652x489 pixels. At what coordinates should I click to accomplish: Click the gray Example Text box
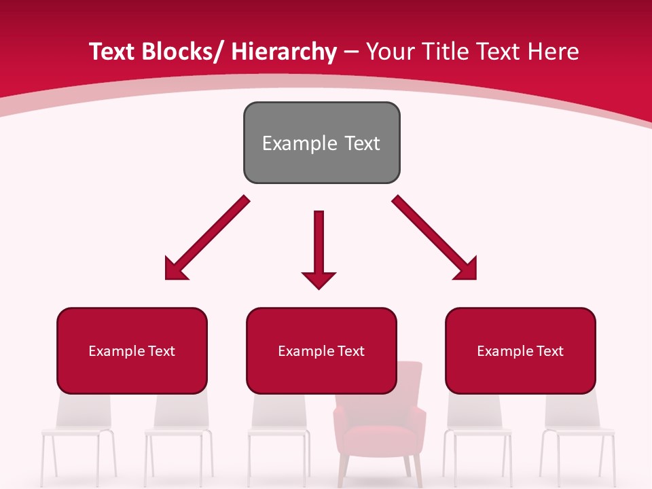click(321, 143)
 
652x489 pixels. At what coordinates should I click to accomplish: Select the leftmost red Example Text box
click(132, 350)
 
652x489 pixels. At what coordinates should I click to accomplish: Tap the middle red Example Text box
click(321, 350)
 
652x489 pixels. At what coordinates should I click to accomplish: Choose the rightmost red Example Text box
click(520, 350)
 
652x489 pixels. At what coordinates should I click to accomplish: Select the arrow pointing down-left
click(207, 238)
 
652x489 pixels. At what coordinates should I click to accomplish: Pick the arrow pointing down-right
click(435, 238)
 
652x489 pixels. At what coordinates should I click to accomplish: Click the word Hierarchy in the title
click(284, 52)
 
